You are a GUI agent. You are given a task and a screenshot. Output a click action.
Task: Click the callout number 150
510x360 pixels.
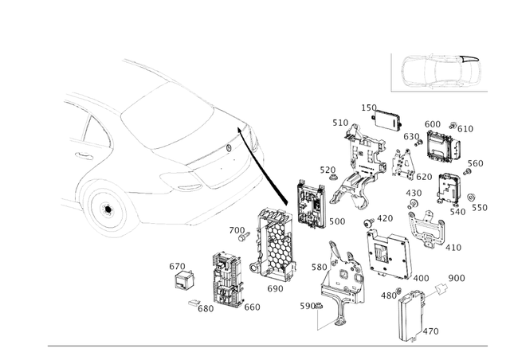tap(369, 108)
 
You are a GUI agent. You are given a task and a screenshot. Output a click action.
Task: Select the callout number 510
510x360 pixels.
tap(340, 123)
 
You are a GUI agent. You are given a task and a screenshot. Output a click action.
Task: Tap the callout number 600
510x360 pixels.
tap(433, 124)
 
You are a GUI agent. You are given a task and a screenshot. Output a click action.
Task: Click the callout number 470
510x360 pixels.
tap(430, 331)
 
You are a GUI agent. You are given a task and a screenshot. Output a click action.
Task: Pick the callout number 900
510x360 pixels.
tap(457, 278)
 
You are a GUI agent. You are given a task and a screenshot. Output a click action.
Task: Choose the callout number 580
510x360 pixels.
tap(320, 267)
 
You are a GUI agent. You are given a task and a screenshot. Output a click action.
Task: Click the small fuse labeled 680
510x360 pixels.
tap(194, 302)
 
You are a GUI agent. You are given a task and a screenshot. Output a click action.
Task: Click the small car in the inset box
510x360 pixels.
tap(437, 73)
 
